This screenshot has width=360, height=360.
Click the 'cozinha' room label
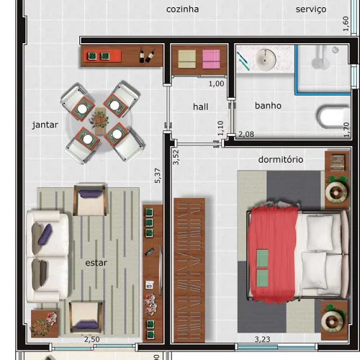[x=182, y=9]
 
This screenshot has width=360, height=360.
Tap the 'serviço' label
[x=311, y=9]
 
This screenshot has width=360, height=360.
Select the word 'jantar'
[x=45, y=125]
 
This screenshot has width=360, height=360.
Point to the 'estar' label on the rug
[x=96, y=263]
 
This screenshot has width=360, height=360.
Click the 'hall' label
[x=200, y=107]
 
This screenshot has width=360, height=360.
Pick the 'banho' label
[x=268, y=106]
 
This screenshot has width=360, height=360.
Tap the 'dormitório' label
[x=281, y=160]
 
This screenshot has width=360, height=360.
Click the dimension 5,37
[x=158, y=176]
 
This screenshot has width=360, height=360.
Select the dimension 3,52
[x=176, y=157]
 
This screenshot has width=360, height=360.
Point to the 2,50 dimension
[x=92, y=339]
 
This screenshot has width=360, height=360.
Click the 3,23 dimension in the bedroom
[x=262, y=339]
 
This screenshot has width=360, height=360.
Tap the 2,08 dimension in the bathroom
[x=246, y=134]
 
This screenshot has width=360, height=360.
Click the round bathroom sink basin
[x=265, y=59]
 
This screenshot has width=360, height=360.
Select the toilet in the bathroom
[x=333, y=117]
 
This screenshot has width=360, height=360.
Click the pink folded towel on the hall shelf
[x=211, y=59]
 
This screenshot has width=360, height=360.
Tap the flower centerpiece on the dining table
[x=100, y=120]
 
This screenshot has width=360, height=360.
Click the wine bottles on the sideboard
[x=147, y=55]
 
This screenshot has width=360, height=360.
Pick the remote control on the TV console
[x=150, y=252]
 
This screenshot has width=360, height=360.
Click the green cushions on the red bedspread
[x=262, y=269]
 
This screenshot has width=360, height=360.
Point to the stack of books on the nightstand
[x=338, y=163]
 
